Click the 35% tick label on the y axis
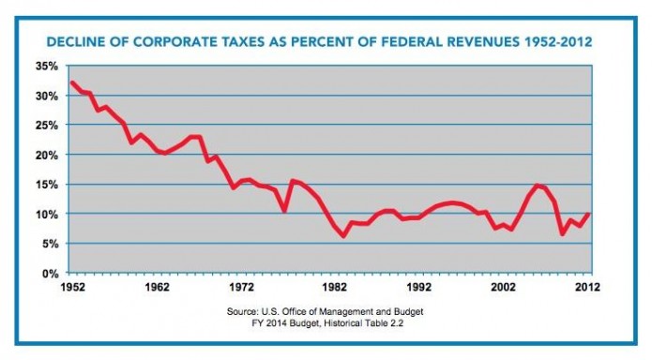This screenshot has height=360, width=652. [48, 67]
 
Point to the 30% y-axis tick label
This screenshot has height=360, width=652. [48, 96]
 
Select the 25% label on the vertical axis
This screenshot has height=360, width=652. [48, 125]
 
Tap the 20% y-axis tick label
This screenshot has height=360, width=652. [48, 155]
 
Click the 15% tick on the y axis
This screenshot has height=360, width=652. [48, 184]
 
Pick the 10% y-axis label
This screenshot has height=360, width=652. [48, 214]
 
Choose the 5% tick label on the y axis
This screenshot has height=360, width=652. [51, 243]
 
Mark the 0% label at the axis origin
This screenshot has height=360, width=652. [51, 273]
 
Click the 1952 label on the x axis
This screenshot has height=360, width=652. [71, 287]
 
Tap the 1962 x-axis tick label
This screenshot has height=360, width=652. [157, 287]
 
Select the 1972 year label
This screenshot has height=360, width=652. [243, 287]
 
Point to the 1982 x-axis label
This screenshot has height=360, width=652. [330, 287]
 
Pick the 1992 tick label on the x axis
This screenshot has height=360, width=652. [417, 287]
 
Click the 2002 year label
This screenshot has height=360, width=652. [503, 287]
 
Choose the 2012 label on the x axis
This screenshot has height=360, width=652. [587, 287]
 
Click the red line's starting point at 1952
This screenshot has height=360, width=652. [71, 82]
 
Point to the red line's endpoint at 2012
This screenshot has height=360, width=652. [589, 214]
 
